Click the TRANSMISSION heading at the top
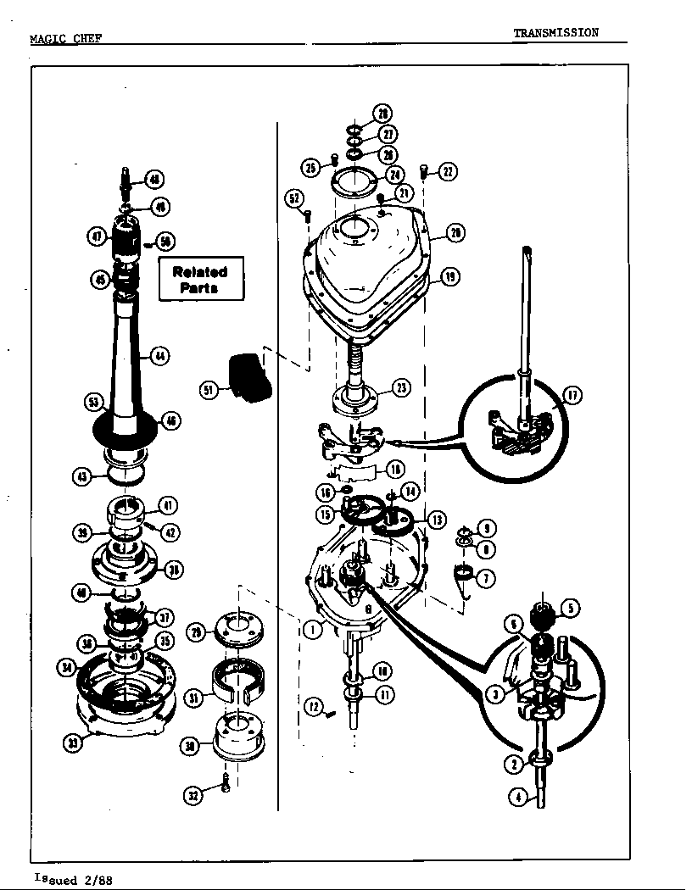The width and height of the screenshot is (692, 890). (555, 33)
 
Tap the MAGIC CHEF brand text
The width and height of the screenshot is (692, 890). (65, 39)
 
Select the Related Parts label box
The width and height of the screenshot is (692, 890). (200, 279)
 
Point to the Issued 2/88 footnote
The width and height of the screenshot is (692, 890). (73, 879)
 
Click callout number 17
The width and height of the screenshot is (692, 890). (572, 395)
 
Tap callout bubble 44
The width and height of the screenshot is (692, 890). (159, 356)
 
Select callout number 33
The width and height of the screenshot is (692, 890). (74, 743)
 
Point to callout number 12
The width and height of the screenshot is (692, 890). (314, 705)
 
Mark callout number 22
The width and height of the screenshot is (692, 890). (447, 172)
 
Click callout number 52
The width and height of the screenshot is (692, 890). (294, 198)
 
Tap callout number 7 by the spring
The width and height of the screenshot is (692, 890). (486, 579)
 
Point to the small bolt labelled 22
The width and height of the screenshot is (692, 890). (423, 173)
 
